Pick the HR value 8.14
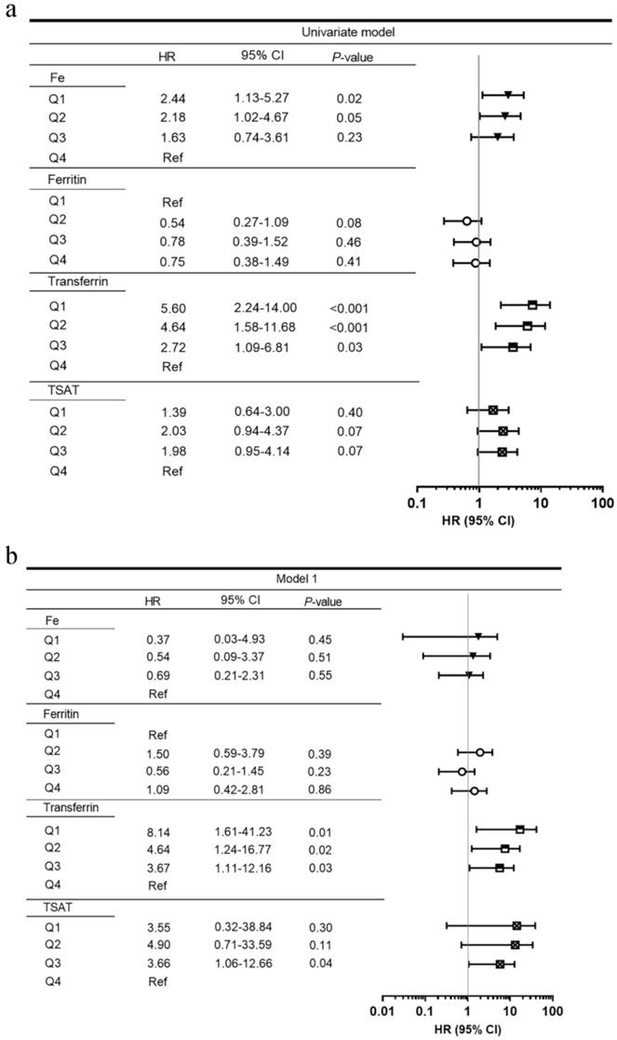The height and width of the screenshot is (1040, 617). pos(154,829)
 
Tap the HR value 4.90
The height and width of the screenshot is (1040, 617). pos(154,946)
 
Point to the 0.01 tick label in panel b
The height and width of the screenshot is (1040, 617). pos(382,1011)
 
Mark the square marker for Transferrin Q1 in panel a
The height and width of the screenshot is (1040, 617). pos(532,304)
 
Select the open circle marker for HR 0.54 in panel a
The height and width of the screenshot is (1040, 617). pos(466,221)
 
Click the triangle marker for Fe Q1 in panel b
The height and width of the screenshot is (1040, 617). pos(478,637)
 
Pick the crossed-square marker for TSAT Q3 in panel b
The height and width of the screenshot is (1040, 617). pos(500,964)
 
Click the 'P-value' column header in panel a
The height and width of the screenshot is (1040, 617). pos(352,58)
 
